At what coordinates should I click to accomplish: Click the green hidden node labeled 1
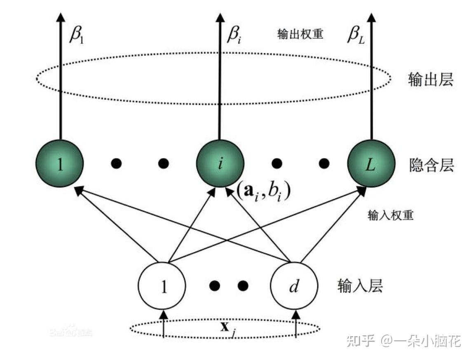click(60, 164)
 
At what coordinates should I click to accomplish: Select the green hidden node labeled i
click(220, 164)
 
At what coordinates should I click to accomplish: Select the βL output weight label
click(356, 35)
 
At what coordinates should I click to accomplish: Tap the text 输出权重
click(300, 34)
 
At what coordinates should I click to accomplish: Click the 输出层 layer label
click(431, 79)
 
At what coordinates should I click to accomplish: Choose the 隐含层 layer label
click(431, 166)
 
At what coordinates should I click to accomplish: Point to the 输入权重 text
click(390, 215)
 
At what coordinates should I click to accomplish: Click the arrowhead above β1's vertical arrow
click(61, 17)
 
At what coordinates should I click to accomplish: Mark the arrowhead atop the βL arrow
click(372, 17)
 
